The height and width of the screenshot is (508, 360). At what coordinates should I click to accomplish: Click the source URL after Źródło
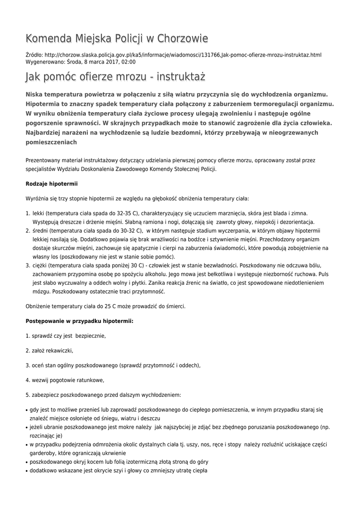[183, 55]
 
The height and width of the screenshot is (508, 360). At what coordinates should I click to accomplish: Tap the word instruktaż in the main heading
[181, 77]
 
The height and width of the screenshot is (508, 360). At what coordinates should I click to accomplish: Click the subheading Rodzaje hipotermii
[52, 184]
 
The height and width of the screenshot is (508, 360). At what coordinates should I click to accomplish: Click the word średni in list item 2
[41, 231]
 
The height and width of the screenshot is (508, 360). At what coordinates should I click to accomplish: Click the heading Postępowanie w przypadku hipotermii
[79, 321]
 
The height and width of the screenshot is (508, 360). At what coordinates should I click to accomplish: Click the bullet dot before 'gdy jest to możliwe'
[26, 410]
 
